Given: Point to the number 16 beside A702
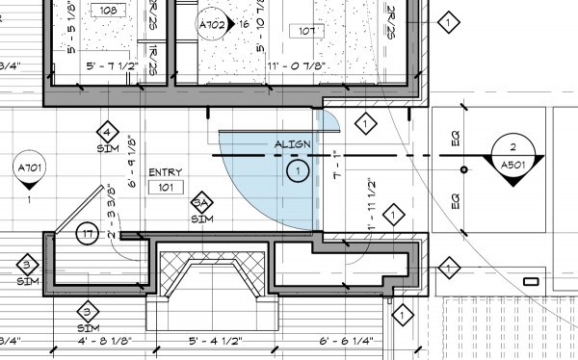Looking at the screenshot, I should tap(246, 23).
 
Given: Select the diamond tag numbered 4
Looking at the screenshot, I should tap(107, 133).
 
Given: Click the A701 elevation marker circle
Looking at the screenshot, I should tap(30, 172).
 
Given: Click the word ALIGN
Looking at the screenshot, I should tap(292, 144).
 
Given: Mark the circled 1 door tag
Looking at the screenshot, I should tap(299, 172).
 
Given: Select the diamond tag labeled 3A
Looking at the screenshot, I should tap(201, 203).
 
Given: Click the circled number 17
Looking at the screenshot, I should tap(88, 233).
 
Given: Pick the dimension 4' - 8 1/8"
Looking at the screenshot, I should tap(115, 340).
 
